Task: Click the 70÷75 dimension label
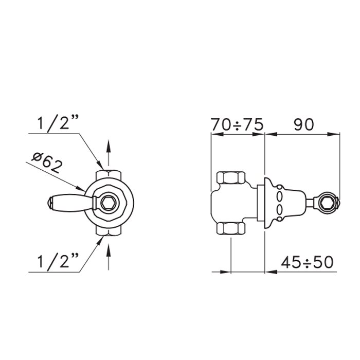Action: (x=237, y=124)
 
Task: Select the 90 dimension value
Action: (x=303, y=124)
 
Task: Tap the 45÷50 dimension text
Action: (x=307, y=262)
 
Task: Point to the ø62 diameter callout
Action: (x=47, y=163)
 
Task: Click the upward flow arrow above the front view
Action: (x=109, y=152)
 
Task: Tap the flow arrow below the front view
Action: (x=109, y=257)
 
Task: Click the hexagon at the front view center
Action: (x=109, y=203)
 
